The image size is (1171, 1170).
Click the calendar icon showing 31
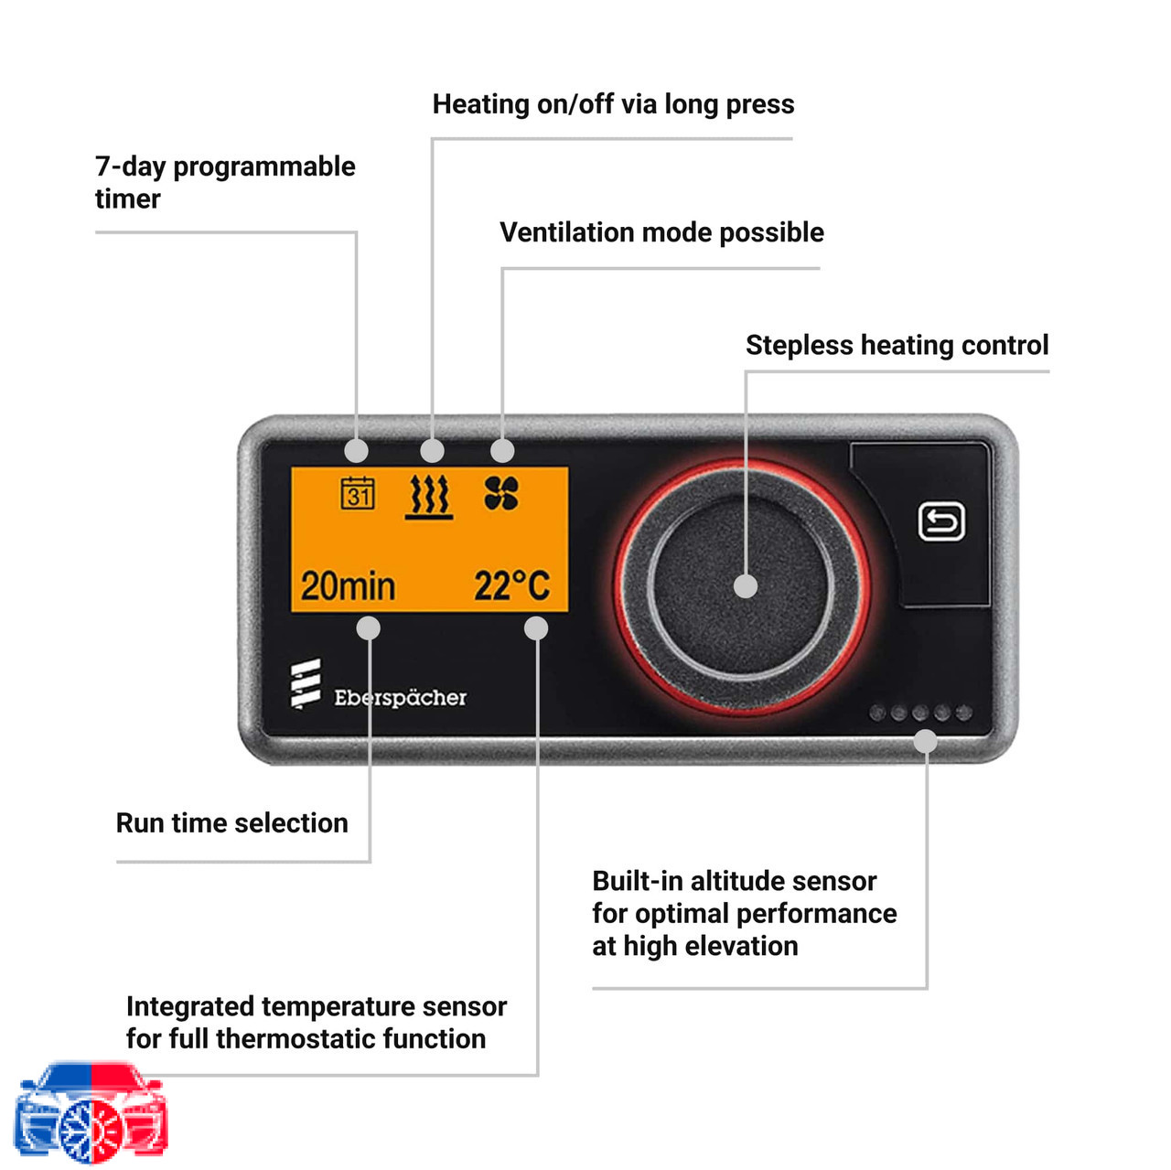tap(357, 493)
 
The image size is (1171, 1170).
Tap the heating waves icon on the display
tap(429, 496)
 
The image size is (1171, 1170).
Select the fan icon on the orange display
tap(501, 493)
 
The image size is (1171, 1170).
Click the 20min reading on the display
tap(348, 585)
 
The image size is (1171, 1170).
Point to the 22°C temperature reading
tap(511, 585)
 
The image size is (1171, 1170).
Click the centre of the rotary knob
tap(741, 586)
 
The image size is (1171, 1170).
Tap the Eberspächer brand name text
tap(400, 698)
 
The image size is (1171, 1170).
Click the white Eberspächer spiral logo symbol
tap(306, 683)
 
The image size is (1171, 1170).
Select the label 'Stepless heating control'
tap(897, 345)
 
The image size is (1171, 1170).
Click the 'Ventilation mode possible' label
tap(661, 232)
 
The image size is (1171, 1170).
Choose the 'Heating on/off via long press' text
tap(613, 104)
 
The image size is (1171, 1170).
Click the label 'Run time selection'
tap(232, 823)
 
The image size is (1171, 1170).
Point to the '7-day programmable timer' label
tap(225, 182)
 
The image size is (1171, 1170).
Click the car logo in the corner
tap(91, 1111)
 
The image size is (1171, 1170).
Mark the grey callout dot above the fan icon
tap(502, 451)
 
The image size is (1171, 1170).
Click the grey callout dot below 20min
tap(369, 628)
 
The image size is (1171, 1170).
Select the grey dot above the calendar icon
tap(356, 451)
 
